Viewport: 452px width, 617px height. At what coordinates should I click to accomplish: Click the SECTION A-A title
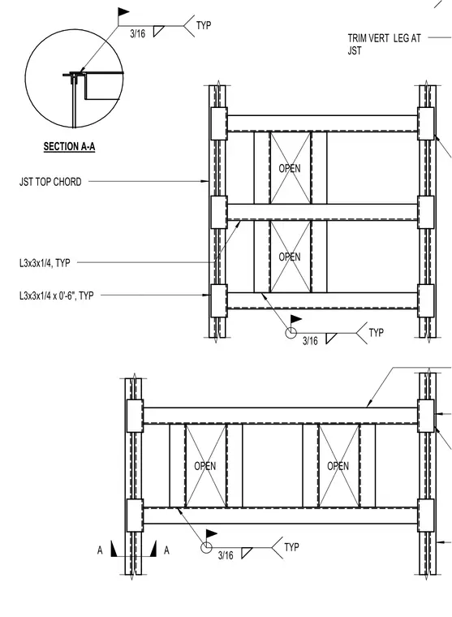[x=69, y=147]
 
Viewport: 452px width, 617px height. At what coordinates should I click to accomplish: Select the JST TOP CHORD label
[x=50, y=182]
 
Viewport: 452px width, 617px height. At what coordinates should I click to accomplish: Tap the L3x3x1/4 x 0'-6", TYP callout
[x=56, y=296]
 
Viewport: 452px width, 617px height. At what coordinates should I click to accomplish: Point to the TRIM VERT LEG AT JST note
[x=384, y=45]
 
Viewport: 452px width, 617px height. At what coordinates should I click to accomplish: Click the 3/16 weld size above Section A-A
[x=138, y=34]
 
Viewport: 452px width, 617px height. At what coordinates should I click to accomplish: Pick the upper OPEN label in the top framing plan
[x=290, y=168]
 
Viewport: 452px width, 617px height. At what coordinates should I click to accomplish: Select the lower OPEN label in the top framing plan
[x=290, y=257]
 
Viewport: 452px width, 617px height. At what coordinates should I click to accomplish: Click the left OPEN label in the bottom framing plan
[x=205, y=466]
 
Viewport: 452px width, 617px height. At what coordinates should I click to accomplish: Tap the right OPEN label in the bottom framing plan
[x=338, y=466]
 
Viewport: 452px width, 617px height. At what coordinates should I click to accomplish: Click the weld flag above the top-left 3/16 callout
[x=123, y=12]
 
